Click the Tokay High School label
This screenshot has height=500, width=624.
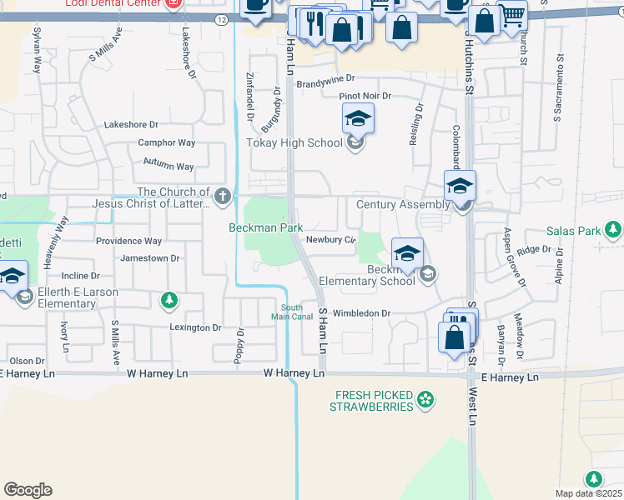[x=294, y=142]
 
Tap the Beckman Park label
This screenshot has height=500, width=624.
[x=266, y=227]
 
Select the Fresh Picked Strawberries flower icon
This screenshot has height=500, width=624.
[x=426, y=401]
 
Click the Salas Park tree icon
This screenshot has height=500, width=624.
[x=614, y=229]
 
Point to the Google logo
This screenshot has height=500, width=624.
[x=28, y=490]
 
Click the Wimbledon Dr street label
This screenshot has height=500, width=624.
[x=363, y=313]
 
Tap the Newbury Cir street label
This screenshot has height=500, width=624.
[x=331, y=240]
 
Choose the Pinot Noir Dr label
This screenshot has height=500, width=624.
[x=365, y=97]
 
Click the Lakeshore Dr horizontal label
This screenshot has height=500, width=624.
[x=131, y=125]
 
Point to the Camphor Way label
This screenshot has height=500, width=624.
[x=167, y=143]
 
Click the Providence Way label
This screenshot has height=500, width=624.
[x=128, y=241]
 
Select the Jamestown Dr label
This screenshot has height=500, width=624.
[x=150, y=258]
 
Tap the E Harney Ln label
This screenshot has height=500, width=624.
[x=511, y=377]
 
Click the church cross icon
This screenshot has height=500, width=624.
[x=222, y=197]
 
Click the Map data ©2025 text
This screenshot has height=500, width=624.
[x=588, y=493]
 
